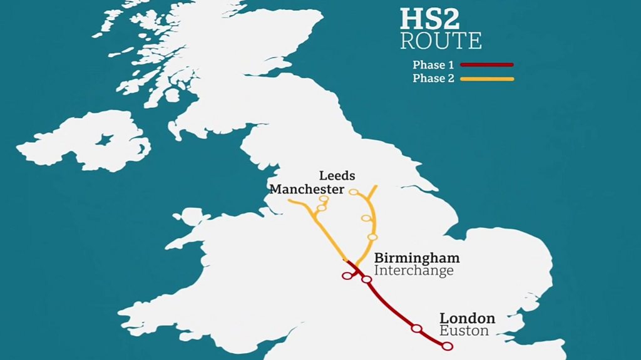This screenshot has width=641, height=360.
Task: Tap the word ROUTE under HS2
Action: coord(441,41)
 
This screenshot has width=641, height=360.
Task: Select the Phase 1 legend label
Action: coord(433,65)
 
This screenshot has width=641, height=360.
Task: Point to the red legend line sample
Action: coord(487,64)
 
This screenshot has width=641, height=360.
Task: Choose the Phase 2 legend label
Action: coord(433,79)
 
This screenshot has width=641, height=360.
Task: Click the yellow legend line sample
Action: coord(487,79)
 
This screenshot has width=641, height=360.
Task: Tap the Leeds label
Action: coord(337,176)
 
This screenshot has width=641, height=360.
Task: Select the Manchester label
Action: coord(307,189)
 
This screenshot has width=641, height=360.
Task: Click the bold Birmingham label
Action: coord(416,258)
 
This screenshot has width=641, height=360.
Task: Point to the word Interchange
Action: coord(413,270)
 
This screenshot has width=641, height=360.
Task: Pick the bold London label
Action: coord(467,319)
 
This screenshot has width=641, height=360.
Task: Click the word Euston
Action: coord(464,331)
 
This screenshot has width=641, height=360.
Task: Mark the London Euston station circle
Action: coord(446,346)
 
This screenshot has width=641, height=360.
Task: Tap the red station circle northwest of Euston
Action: coord(416,329)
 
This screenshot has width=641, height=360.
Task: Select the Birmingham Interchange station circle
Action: coord(367,279)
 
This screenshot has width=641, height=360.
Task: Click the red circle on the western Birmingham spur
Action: coord(346,275)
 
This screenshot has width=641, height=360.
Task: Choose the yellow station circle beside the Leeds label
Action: coord(353,192)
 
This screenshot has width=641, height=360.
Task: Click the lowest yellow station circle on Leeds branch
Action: coord(372,237)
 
